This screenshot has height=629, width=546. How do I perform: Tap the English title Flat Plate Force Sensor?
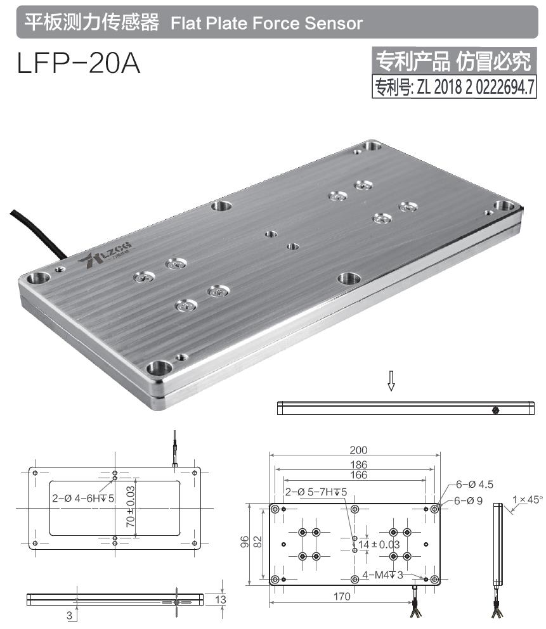click(266, 23)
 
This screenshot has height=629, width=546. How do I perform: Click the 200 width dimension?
click(358, 450)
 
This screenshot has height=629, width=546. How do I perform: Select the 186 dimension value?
click(358, 464)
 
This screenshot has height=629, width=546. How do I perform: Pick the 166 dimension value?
click(358, 474)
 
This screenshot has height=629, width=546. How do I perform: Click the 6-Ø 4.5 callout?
click(474, 485)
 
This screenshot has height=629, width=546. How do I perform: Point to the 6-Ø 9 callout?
click(470, 500)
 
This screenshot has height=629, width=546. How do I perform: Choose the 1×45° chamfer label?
click(528, 499)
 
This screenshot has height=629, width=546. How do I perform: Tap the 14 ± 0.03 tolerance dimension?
click(379, 544)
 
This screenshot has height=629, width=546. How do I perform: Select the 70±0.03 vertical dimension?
click(130, 507)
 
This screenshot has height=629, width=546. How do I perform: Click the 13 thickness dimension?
click(220, 599)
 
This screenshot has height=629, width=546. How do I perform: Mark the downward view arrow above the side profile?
click(391, 381)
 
